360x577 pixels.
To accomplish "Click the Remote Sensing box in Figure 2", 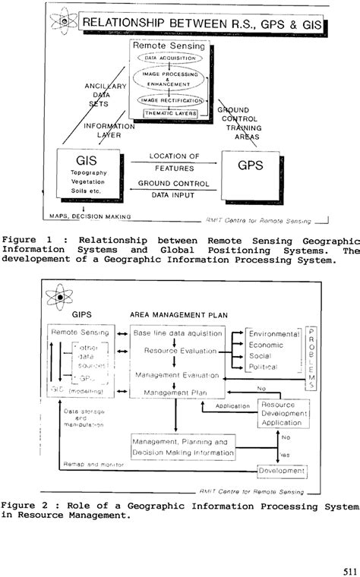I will coord(79,333).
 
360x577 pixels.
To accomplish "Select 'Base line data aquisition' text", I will coord(177,333).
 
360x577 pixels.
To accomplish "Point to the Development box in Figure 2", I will coord(281,471).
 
